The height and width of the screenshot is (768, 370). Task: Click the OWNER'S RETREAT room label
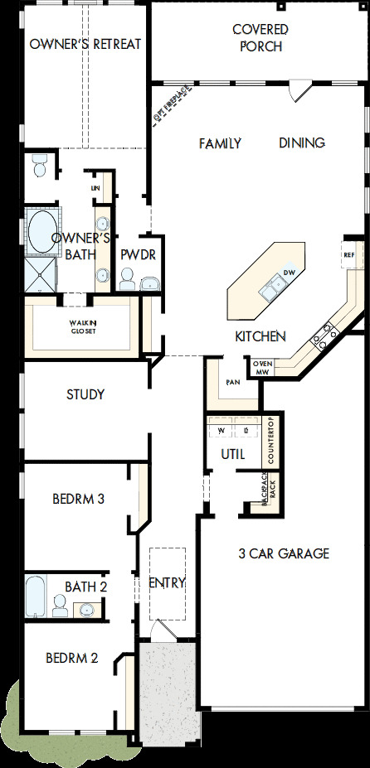(x=85, y=44)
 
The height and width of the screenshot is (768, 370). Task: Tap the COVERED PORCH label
(x=260, y=38)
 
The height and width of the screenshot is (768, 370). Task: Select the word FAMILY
(x=220, y=143)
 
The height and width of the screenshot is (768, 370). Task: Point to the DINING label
(x=302, y=142)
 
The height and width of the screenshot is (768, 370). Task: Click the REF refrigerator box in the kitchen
(x=349, y=255)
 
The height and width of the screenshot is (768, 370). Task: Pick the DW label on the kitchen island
(x=290, y=273)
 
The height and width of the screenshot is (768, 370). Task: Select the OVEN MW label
(x=262, y=367)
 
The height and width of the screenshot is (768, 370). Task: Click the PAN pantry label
(x=234, y=383)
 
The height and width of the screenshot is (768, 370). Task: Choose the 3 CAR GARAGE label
(x=284, y=553)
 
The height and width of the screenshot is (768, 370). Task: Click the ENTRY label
(x=167, y=582)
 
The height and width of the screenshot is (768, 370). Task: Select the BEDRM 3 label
(x=78, y=499)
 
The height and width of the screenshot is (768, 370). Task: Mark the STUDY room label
(x=85, y=394)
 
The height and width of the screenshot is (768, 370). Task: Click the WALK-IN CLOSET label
(x=83, y=327)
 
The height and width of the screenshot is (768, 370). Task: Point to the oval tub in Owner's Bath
(x=40, y=232)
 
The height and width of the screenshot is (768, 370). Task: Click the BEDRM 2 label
(x=71, y=659)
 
